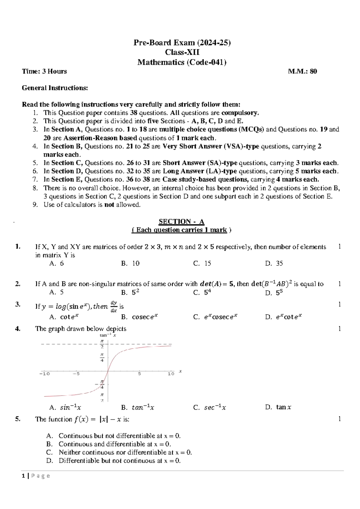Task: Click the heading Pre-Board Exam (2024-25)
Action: (x=182, y=43)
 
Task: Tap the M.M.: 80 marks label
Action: (x=302, y=71)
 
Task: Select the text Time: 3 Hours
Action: (x=44, y=71)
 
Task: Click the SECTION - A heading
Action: (x=181, y=222)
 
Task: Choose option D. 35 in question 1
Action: (x=274, y=264)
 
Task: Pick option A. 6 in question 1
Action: (x=57, y=264)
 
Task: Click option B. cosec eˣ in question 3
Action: (x=139, y=317)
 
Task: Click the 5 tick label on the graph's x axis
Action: (x=139, y=374)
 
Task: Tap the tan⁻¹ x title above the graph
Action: (x=108, y=335)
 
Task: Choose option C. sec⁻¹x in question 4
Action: (x=210, y=408)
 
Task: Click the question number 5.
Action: (x=18, y=419)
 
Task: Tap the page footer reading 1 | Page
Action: (x=36, y=476)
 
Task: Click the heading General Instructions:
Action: (x=55, y=88)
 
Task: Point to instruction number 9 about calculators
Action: (x=92, y=205)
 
